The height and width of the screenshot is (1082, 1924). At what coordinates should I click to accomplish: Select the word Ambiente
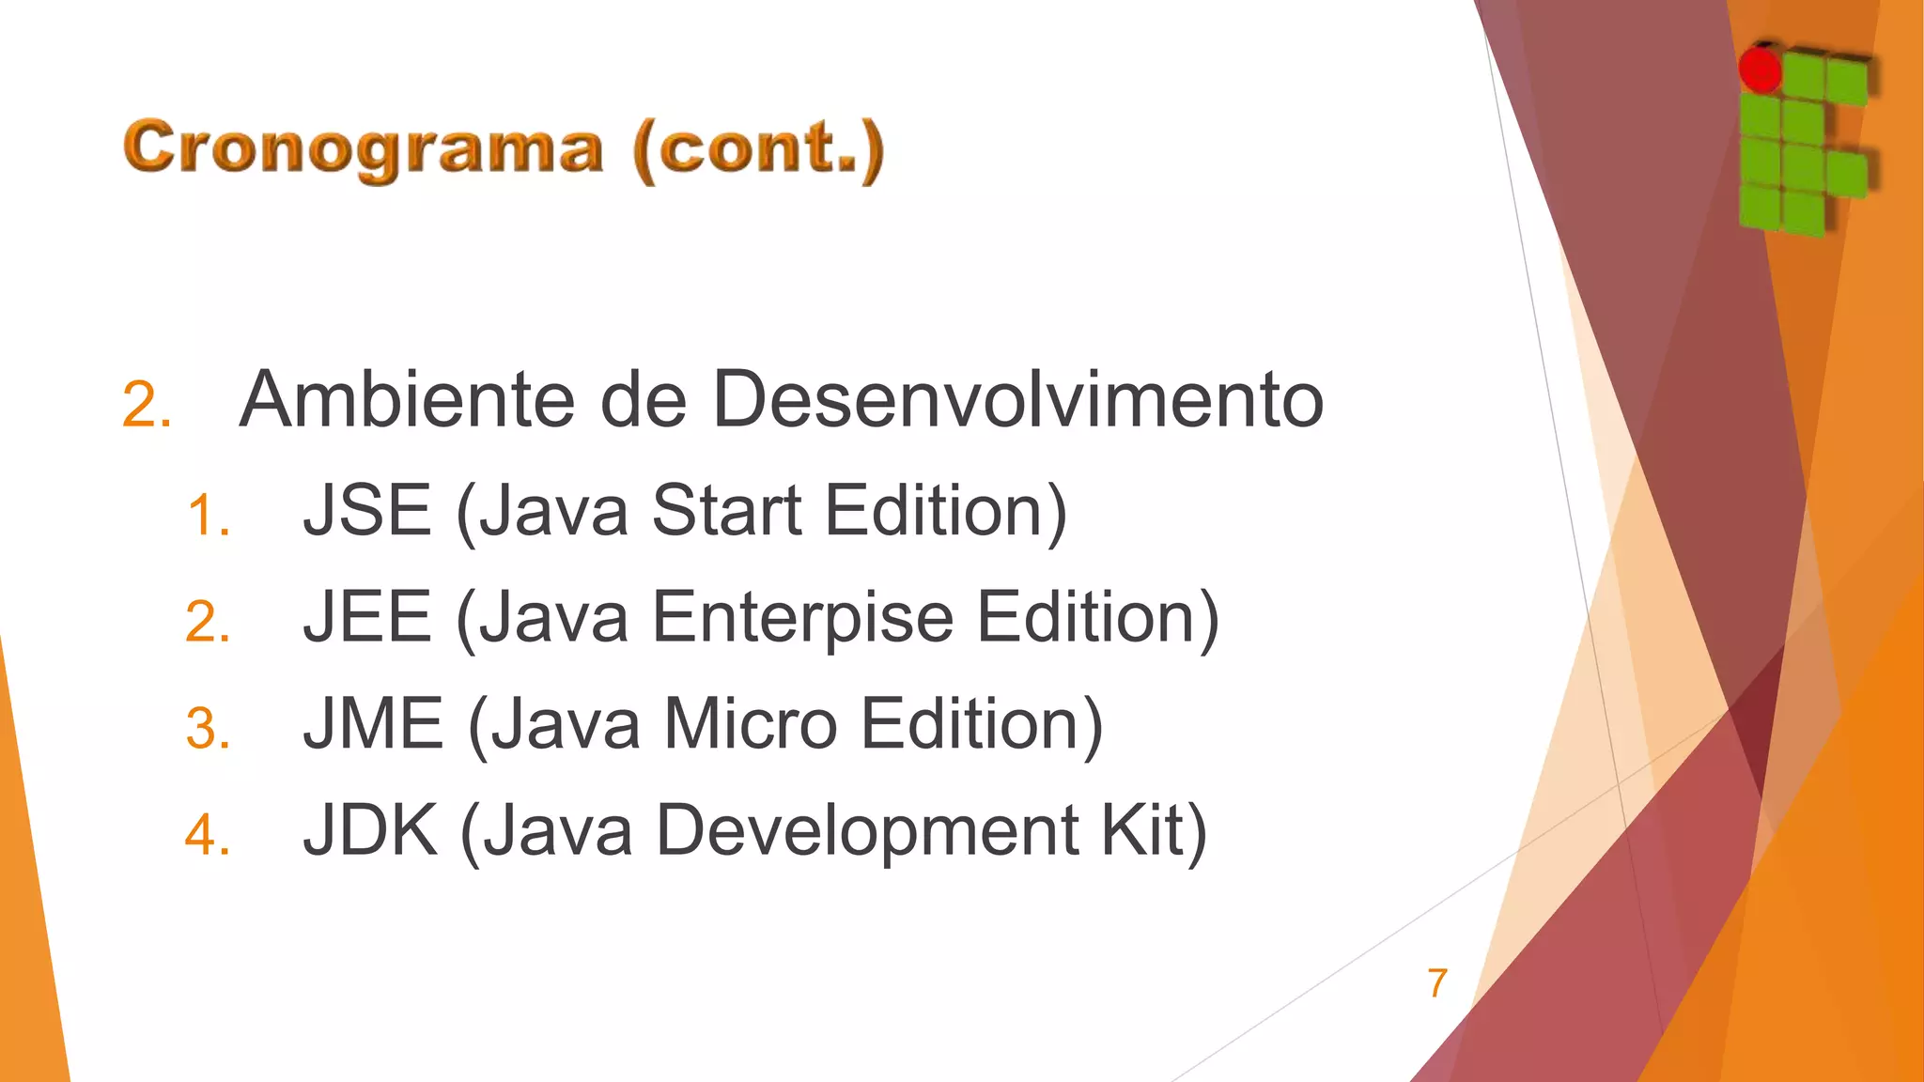[x=406, y=400]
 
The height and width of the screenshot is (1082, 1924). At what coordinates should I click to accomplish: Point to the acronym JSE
[x=366, y=511]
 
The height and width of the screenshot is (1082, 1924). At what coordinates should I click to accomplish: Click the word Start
[x=726, y=511]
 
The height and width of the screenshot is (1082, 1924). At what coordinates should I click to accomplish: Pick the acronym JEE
[x=366, y=618]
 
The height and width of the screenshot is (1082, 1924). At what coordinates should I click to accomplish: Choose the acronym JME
[x=373, y=724]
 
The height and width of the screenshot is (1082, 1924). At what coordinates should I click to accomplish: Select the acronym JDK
[x=370, y=830]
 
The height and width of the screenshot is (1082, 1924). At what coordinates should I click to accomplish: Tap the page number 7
[x=1436, y=983]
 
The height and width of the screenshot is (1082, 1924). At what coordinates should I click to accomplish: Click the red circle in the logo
[x=1760, y=70]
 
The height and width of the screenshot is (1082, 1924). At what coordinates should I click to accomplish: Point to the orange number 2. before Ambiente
[x=147, y=407]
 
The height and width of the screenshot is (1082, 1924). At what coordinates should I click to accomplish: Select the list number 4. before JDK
[x=208, y=835]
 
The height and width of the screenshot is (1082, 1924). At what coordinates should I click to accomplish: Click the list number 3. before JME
[x=208, y=729]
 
